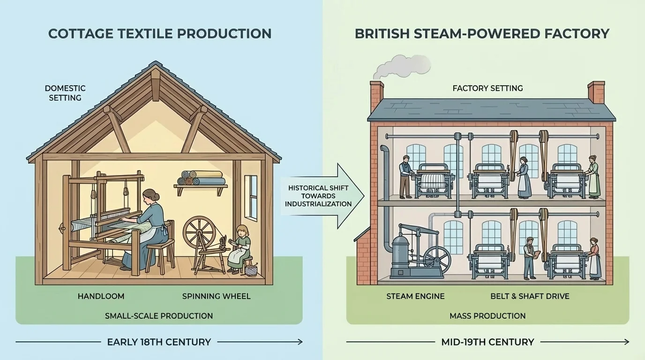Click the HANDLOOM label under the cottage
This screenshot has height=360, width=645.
click(101, 296)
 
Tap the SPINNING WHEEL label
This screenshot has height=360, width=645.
click(216, 296)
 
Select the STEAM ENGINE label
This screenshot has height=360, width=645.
click(415, 296)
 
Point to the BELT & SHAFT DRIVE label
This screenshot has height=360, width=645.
click(530, 296)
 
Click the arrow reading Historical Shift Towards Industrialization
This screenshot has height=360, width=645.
click(321, 195)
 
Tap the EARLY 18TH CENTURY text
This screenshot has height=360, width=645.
click(159, 342)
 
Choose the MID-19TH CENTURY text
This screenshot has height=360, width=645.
click(487, 342)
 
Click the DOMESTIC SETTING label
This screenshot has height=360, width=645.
click(65, 93)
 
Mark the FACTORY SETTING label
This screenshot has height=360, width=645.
click(487, 88)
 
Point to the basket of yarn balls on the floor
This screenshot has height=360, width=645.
click(251, 270)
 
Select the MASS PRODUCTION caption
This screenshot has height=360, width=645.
click(487, 316)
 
